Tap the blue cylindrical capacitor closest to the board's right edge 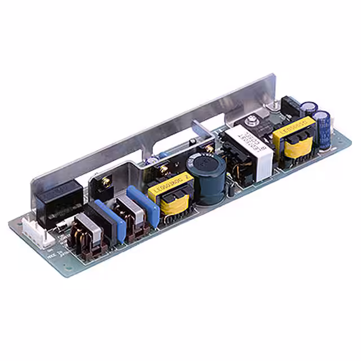323,129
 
